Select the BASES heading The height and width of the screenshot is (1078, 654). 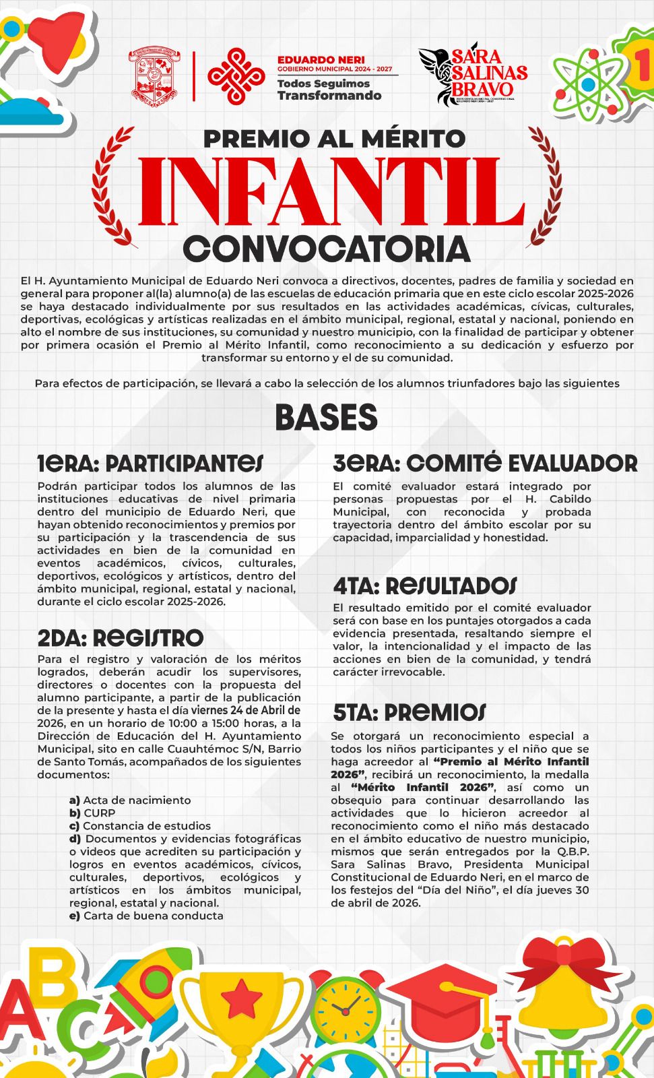326,417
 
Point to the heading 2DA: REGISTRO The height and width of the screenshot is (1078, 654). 120,637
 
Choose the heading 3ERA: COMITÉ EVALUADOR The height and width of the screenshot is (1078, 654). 485,464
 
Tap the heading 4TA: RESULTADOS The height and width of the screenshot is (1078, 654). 425,585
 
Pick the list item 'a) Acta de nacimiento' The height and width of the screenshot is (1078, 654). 130,800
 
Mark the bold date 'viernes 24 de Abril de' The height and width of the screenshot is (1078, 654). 246,711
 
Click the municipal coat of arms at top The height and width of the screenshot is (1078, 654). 157,76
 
